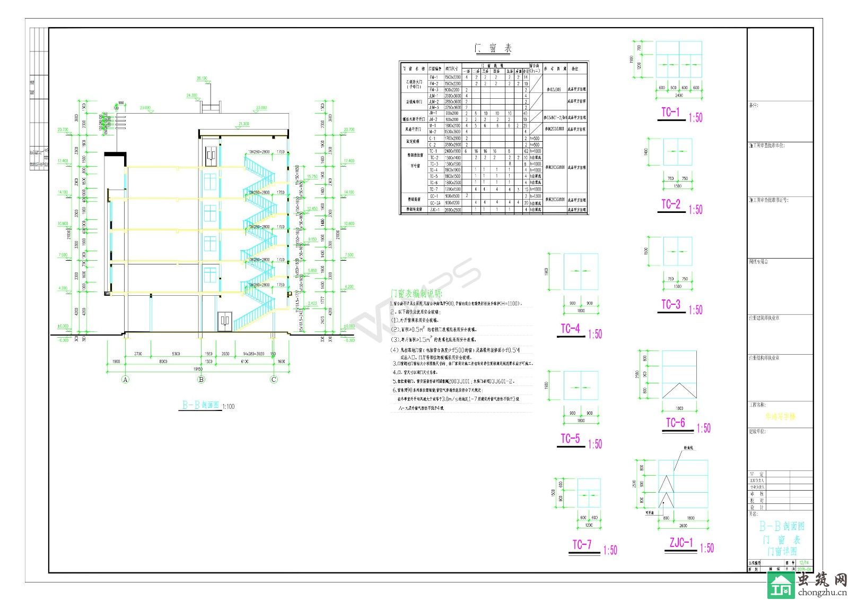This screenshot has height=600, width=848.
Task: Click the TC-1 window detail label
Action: [x=670, y=113]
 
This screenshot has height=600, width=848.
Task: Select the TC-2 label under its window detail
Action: [x=670, y=204]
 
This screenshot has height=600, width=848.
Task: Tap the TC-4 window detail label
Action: [x=570, y=329]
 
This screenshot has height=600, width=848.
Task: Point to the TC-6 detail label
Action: [x=675, y=423]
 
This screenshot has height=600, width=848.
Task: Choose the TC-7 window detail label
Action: [x=582, y=545]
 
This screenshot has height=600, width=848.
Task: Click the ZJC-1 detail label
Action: [x=681, y=543]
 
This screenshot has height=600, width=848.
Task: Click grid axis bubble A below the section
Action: [x=125, y=379]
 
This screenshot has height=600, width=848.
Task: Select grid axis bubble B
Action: [x=201, y=379]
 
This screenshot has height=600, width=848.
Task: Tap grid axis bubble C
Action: [x=274, y=379]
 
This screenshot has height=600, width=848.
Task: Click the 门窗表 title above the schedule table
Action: [x=493, y=49]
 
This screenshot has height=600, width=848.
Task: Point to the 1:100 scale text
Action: [x=228, y=407]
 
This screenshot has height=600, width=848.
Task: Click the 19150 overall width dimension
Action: [x=197, y=369]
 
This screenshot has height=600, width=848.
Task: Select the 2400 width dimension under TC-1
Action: [x=679, y=96]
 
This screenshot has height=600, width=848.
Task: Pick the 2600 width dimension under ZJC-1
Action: [x=683, y=526]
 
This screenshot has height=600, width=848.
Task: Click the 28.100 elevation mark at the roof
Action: [x=202, y=78]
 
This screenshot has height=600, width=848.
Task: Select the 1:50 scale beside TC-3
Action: [x=695, y=310]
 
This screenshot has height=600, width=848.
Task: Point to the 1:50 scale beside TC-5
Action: [x=595, y=444]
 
